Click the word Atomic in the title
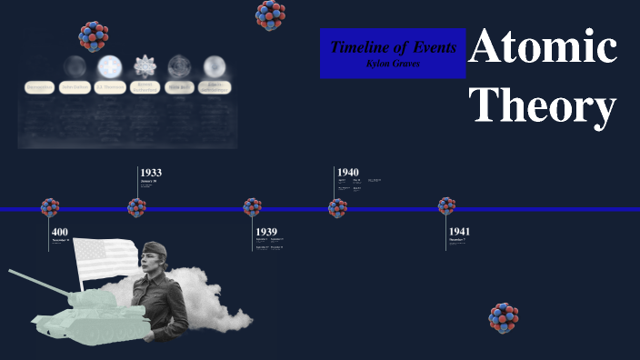pos(544,47)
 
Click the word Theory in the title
pos(544,105)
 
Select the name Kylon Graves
pos(393,63)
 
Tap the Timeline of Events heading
pos(393,46)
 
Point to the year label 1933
pos(151,172)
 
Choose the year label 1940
pos(348,172)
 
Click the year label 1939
pos(266,232)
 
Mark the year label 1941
pos(459,232)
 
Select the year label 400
pos(60,232)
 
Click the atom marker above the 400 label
pos(50,208)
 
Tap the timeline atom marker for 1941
pos(446,207)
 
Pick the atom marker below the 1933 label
pos(137,208)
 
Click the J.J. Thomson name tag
pos(109,87)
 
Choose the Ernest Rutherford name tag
pos(145,87)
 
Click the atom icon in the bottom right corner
pos(503,318)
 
